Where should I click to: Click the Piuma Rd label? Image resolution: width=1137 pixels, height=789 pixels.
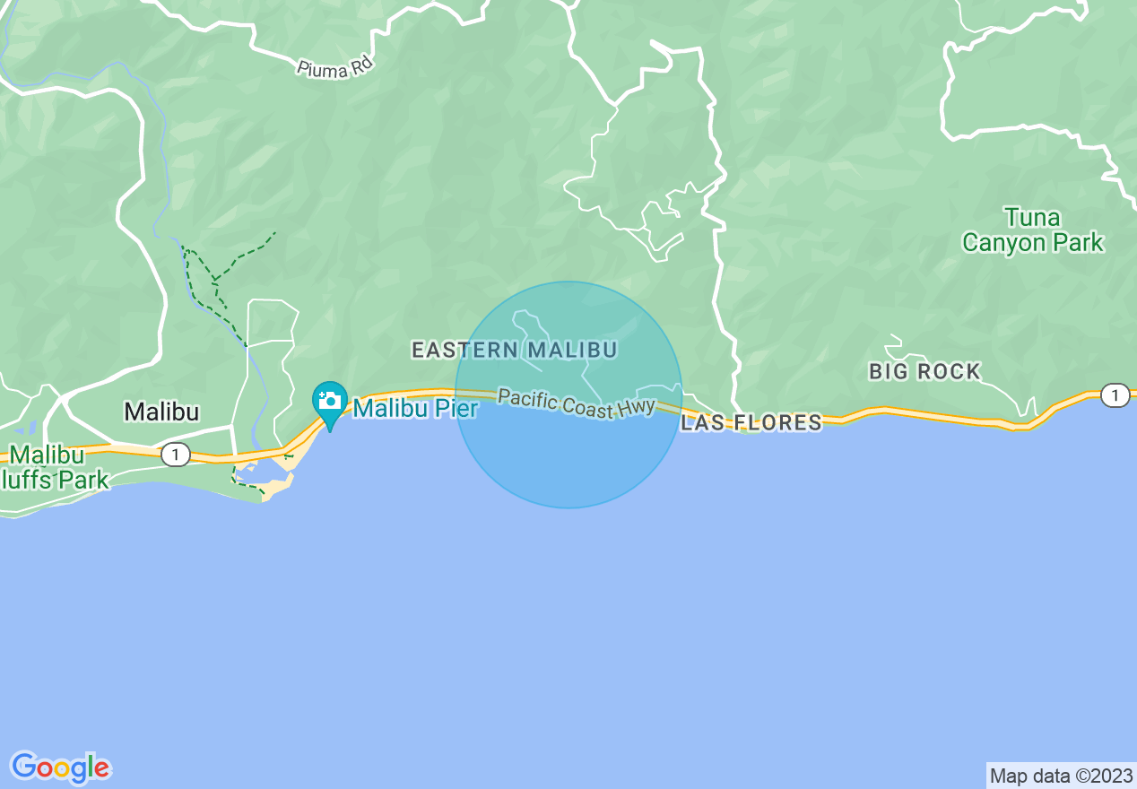coord(334,65)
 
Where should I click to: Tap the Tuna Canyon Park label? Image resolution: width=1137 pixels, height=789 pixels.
coord(1032,230)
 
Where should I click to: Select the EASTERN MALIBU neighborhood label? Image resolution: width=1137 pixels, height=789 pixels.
coord(514,350)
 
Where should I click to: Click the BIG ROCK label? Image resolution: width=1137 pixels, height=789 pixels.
coord(924,371)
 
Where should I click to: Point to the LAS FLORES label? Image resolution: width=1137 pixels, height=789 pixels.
coord(751,422)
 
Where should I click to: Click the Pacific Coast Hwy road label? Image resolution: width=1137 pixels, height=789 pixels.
coord(577,403)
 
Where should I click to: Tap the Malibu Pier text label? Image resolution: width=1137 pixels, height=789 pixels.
coord(415,409)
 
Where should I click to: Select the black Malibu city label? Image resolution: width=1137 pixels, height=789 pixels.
coord(161,412)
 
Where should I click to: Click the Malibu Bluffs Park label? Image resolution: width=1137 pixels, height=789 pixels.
coord(54,467)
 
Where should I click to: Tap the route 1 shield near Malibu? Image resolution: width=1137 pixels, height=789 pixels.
coord(176,455)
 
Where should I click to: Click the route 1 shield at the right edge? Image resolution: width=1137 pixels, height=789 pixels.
coord(1115,395)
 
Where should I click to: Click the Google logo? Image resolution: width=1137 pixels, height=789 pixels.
coord(61,767)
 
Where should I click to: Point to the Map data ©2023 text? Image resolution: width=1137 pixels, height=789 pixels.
coord(1061,776)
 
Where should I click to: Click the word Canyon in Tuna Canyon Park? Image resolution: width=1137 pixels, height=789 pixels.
coord(1005,243)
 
